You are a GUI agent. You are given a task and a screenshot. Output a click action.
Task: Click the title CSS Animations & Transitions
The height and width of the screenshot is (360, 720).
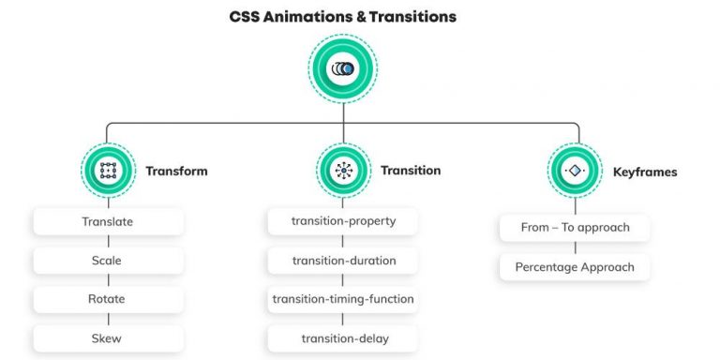pos(343,16)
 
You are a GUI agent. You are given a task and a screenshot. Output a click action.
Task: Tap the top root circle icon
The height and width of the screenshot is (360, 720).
pos(343,69)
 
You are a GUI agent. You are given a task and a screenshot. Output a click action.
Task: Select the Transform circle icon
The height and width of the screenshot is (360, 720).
pos(108,171)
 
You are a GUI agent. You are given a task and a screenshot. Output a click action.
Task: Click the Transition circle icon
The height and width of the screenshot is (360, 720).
pos(343,171)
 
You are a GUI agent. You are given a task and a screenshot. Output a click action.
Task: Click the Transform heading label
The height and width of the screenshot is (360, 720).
pos(176,172)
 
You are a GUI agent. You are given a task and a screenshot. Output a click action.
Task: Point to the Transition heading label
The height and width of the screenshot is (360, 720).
pos(411,171)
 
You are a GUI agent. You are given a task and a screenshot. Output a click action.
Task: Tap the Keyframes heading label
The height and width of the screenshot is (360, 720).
pos(645,172)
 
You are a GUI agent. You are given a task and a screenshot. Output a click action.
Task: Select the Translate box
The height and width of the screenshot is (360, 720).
pos(108,222)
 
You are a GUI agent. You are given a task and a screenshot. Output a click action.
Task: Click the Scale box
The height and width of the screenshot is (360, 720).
pos(108,261)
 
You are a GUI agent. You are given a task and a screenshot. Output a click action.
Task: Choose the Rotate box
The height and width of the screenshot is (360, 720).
pos(108,299)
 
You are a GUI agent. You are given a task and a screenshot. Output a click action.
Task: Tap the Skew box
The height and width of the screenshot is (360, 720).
pos(108,338)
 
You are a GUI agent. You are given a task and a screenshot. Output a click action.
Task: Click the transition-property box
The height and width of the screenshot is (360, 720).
pos(343,222)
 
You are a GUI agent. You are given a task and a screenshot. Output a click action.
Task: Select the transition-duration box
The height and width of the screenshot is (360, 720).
pos(343,261)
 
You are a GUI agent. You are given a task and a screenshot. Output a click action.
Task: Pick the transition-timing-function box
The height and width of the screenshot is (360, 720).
pos(343,299)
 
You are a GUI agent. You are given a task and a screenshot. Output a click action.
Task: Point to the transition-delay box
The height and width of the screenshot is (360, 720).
pos(343,338)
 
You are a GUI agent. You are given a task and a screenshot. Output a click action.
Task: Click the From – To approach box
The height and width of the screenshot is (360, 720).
pos(575,228)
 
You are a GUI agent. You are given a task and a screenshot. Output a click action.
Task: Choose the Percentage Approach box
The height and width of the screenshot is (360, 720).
pos(575,267)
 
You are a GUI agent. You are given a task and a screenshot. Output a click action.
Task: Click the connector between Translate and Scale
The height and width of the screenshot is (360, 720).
pos(108,242)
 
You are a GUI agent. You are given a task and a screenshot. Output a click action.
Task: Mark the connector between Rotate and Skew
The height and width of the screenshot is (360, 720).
pos(108,319)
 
